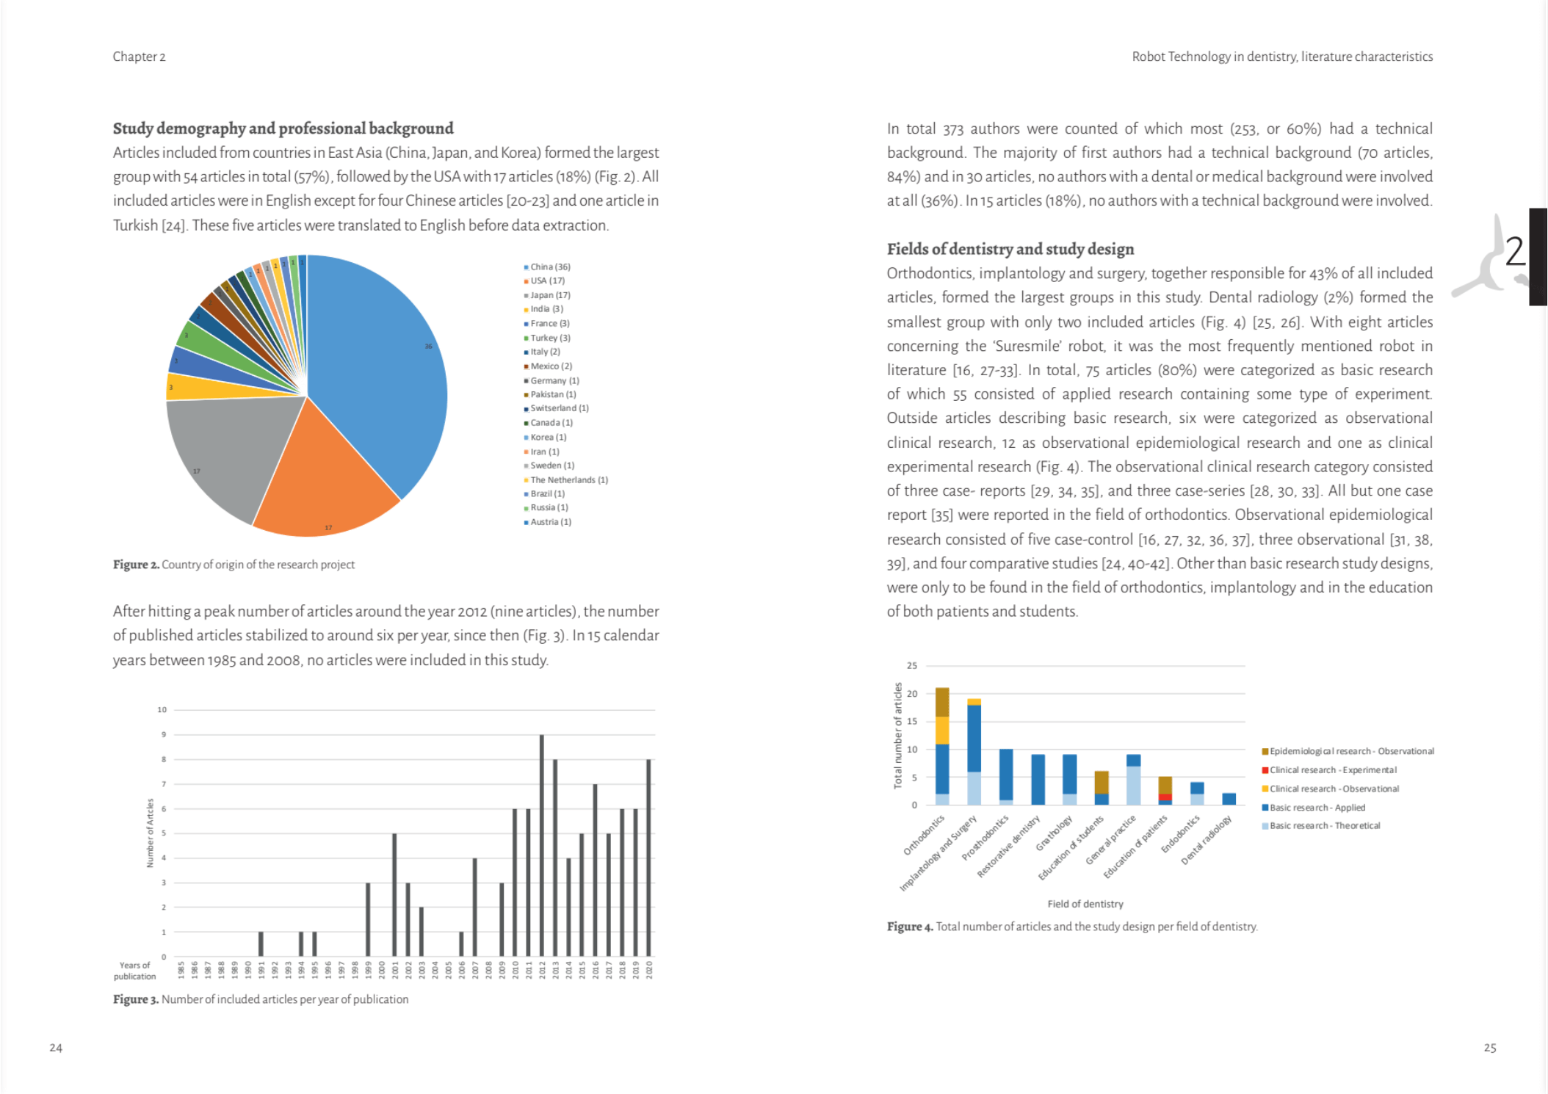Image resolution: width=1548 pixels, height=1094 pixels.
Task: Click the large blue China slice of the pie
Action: [x=375, y=367]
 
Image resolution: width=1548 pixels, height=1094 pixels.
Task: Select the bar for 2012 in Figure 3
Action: [x=542, y=844]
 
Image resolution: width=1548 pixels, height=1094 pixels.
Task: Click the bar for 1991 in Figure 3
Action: [x=261, y=943]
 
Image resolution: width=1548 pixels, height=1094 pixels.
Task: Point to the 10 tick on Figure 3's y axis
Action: [x=162, y=710]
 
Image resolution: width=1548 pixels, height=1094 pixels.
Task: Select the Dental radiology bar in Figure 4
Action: [x=1229, y=799]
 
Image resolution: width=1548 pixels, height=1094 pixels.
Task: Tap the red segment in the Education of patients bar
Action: [x=1165, y=797]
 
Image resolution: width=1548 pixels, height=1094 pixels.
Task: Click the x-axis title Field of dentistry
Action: [x=1085, y=904]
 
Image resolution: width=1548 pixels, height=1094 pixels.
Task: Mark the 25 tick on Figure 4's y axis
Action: [x=912, y=665]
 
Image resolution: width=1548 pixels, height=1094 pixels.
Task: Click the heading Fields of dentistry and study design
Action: [x=1010, y=249]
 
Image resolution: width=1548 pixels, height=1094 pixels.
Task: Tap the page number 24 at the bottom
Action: [x=56, y=1048]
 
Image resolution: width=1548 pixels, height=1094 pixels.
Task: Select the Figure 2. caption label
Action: [x=136, y=565]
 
